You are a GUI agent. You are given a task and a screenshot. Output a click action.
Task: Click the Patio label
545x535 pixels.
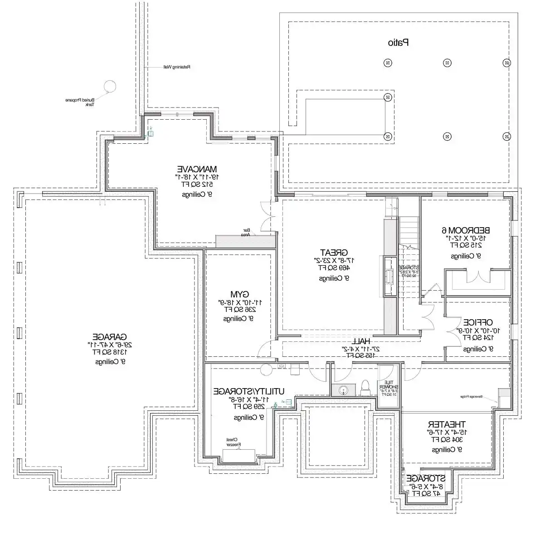[x=399, y=43]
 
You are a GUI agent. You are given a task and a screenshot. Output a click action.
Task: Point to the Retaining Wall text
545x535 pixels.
[x=176, y=67]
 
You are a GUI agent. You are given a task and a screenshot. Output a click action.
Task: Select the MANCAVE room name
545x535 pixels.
[x=197, y=168]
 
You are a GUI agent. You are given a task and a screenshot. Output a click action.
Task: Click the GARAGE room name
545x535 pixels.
[x=109, y=337]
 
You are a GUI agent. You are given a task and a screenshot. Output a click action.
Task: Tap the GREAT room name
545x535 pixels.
[x=334, y=253]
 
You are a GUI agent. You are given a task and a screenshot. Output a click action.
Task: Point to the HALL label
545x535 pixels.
[x=361, y=341]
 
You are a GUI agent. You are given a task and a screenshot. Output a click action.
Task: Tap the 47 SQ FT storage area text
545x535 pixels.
[x=425, y=494]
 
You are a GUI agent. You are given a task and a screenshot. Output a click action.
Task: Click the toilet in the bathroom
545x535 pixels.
[x=365, y=388]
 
